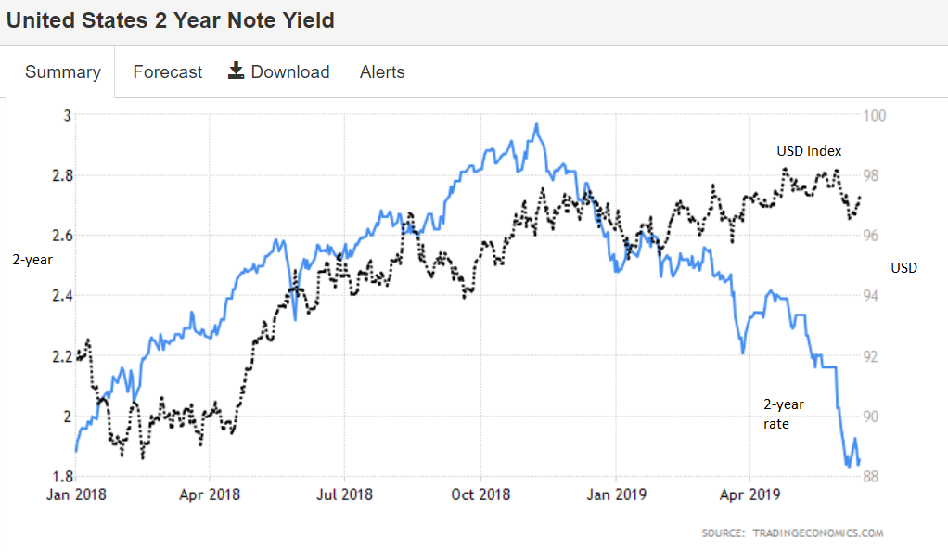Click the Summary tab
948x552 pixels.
pos(63,72)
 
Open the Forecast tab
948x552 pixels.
pos(167,72)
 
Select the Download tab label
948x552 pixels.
pos(289,72)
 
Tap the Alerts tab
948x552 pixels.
pos(382,72)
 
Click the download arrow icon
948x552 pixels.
pos(237,71)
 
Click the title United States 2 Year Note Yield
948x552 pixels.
pos(171,20)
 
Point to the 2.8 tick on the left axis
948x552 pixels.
pos(60,175)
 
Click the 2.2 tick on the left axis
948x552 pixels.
pos(60,356)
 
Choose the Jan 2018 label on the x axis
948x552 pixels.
pos(75,494)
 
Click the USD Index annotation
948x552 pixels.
pos(809,151)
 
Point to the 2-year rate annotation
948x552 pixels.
pos(783,414)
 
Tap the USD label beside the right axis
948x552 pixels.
pos(903,268)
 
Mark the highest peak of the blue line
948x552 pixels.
pos(536,124)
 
